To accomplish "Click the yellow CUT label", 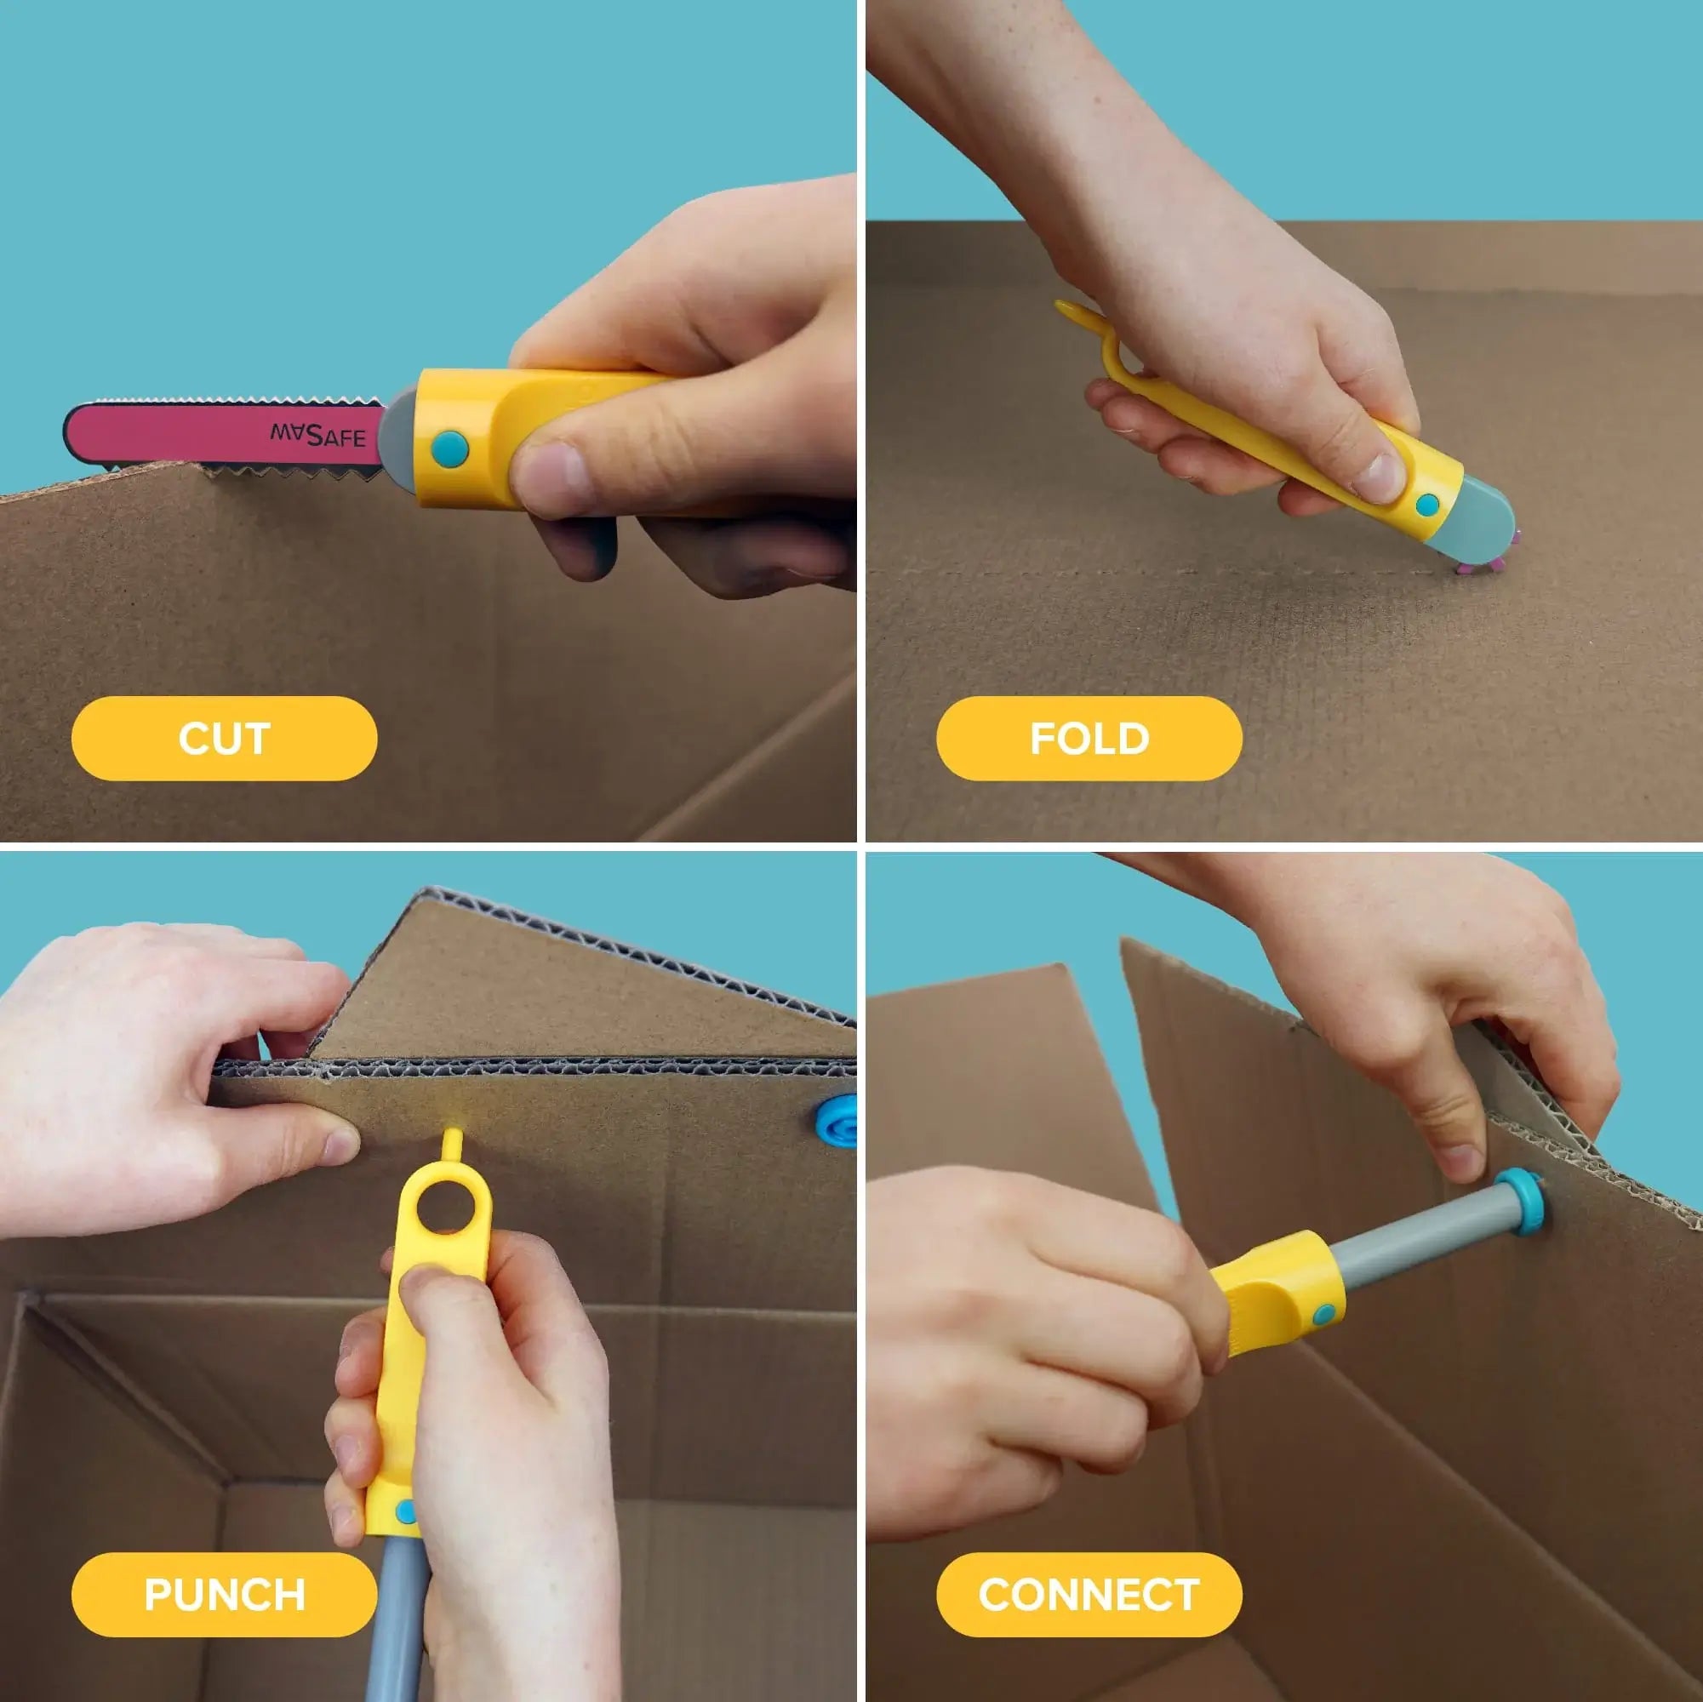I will pyautogui.click(x=224, y=739).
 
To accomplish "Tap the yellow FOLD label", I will pyautogui.click(x=1089, y=739).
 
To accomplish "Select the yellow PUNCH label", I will pyautogui.click(x=224, y=1595).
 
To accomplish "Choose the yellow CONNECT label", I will pyautogui.click(x=1089, y=1595).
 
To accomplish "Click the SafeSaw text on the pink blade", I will pyautogui.click(x=317, y=435).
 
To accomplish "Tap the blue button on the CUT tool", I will pyautogui.click(x=449, y=448).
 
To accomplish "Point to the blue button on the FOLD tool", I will pyautogui.click(x=1426, y=505).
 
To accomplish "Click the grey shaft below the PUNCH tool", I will pyautogui.click(x=397, y=1613).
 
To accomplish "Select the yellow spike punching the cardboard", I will pyautogui.click(x=452, y=1146).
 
